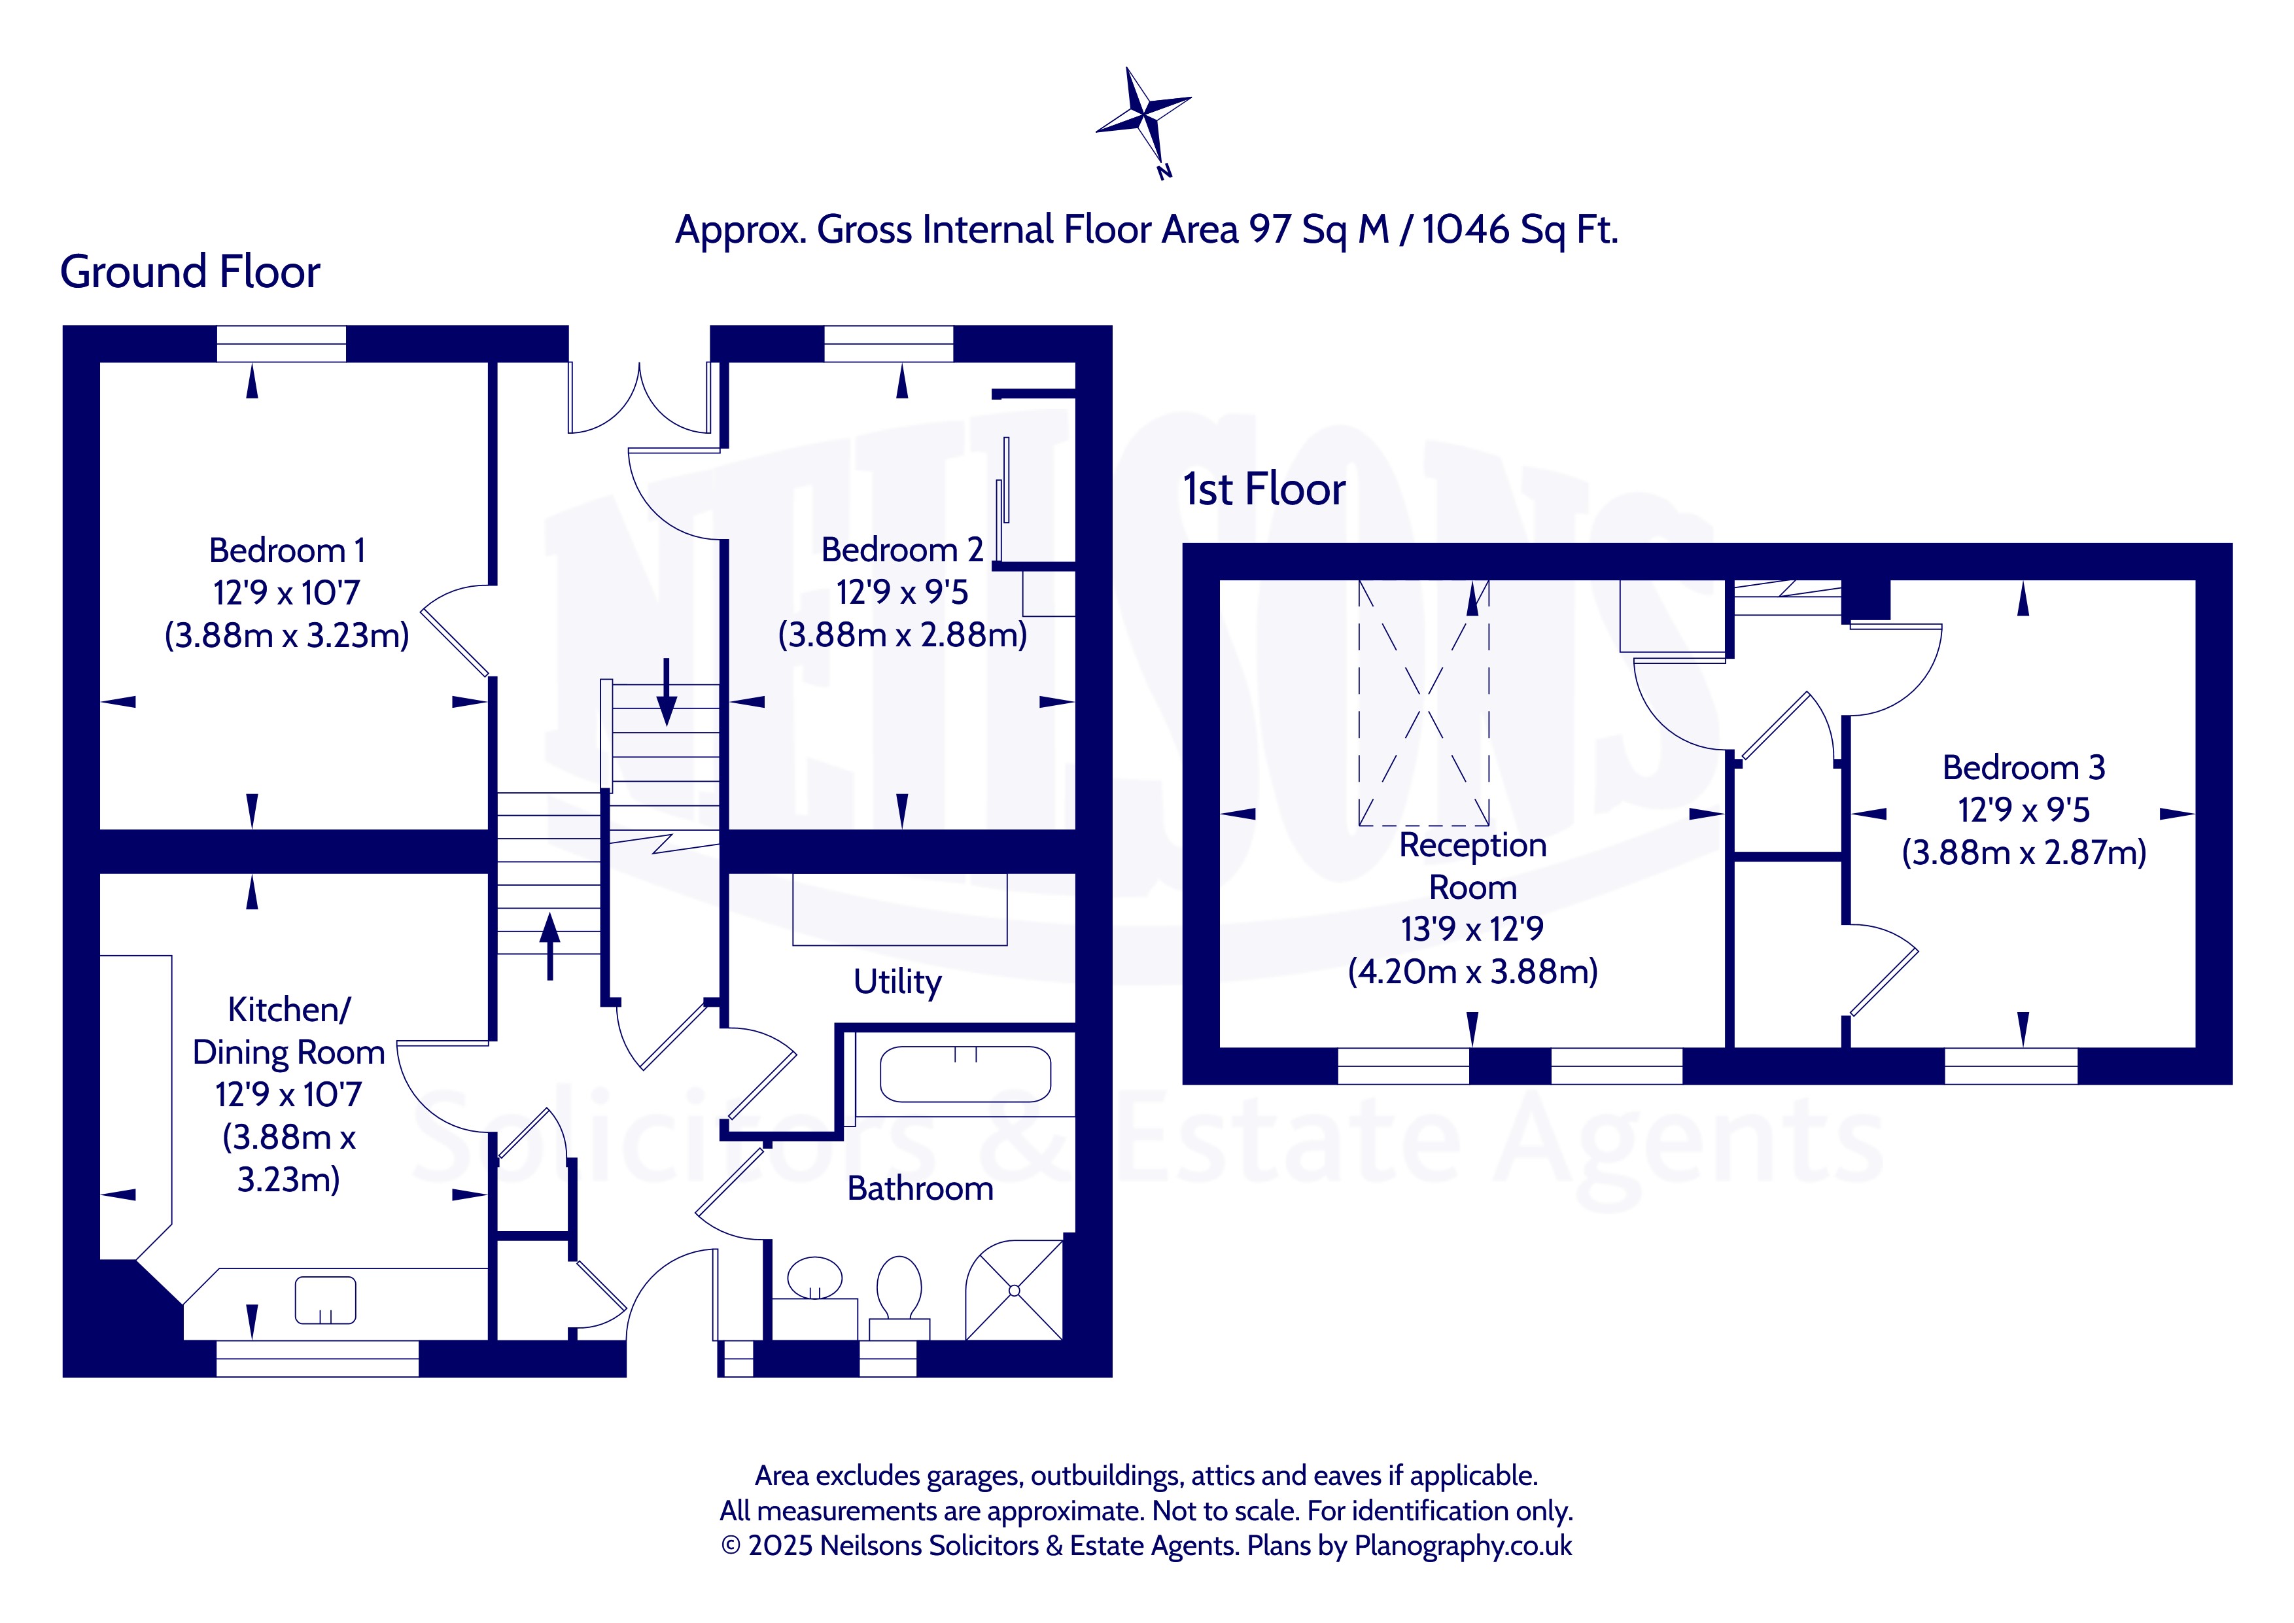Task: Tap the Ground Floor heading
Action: (x=190, y=272)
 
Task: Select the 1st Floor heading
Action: (x=1264, y=490)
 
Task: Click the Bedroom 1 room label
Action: (x=287, y=551)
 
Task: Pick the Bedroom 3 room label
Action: (x=2023, y=767)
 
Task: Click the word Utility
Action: (x=897, y=983)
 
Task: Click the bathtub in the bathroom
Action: (x=965, y=1074)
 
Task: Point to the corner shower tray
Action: (x=1014, y=1290)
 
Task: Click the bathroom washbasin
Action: (x=814, y=1279)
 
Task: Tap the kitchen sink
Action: (x=326, y=1300)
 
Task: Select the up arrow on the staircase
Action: (x=549, y=945)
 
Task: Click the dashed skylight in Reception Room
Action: (x=1424, y=703)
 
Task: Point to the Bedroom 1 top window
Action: (x=282, y=344)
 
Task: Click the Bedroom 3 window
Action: (x=2011, y=1066)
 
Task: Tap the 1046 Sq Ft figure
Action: (x=1519, y=230)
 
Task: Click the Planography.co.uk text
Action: (x=1463, y=1546)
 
